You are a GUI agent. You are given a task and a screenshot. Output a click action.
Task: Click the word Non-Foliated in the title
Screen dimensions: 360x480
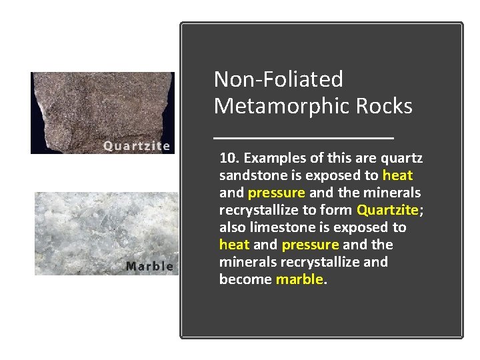pos(278,79)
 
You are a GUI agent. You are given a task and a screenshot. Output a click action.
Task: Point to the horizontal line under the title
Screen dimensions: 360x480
pos(304,138)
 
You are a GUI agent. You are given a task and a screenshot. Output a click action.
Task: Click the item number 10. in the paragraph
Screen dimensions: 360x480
pos(229,158)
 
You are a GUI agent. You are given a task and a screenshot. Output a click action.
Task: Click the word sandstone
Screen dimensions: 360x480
pos(250,175)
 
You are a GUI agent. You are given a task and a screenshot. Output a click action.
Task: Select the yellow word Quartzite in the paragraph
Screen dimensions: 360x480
pos(387,210)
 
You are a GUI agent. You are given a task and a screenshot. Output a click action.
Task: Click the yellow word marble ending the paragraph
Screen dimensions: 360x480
pos(299,279)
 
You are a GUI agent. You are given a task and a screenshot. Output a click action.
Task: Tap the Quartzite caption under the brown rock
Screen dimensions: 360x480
pos(137,146)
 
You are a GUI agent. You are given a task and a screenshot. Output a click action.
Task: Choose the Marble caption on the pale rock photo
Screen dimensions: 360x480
pos(149,266)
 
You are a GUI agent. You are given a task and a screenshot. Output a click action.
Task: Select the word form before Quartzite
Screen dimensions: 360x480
pos(339,210)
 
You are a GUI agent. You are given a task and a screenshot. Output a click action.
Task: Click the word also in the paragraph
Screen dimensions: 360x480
pos(233,227)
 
